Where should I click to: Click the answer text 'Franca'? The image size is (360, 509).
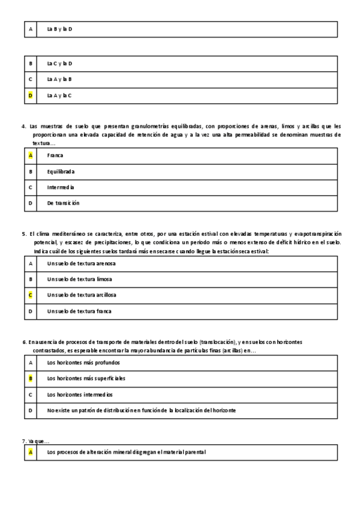pos(55,155)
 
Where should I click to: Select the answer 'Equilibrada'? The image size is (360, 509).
pos(61,172)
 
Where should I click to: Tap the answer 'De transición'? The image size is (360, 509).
pos(63,203)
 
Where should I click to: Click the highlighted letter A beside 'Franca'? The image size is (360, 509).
pos(31,155)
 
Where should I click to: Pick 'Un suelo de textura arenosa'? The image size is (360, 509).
pos(81,264)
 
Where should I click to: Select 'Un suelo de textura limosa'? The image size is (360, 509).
pos(79,279)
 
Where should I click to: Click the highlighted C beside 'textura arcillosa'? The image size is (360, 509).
pos(31,295)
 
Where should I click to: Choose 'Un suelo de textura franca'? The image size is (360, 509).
pos(79,311)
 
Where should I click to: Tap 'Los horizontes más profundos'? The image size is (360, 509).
pos(83,363)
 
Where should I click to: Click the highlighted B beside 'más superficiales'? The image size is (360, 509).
pos(31,379)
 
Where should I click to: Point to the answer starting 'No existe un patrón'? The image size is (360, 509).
pos(141,411)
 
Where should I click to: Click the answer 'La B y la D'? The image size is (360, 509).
pos(59,29)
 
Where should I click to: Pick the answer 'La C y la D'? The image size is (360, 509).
pos(59,63)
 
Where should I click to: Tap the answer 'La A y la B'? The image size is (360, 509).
pos(59,79)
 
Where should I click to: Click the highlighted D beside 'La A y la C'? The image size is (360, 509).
pos(31,95)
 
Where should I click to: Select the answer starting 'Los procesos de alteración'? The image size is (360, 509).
pos(126,452)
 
